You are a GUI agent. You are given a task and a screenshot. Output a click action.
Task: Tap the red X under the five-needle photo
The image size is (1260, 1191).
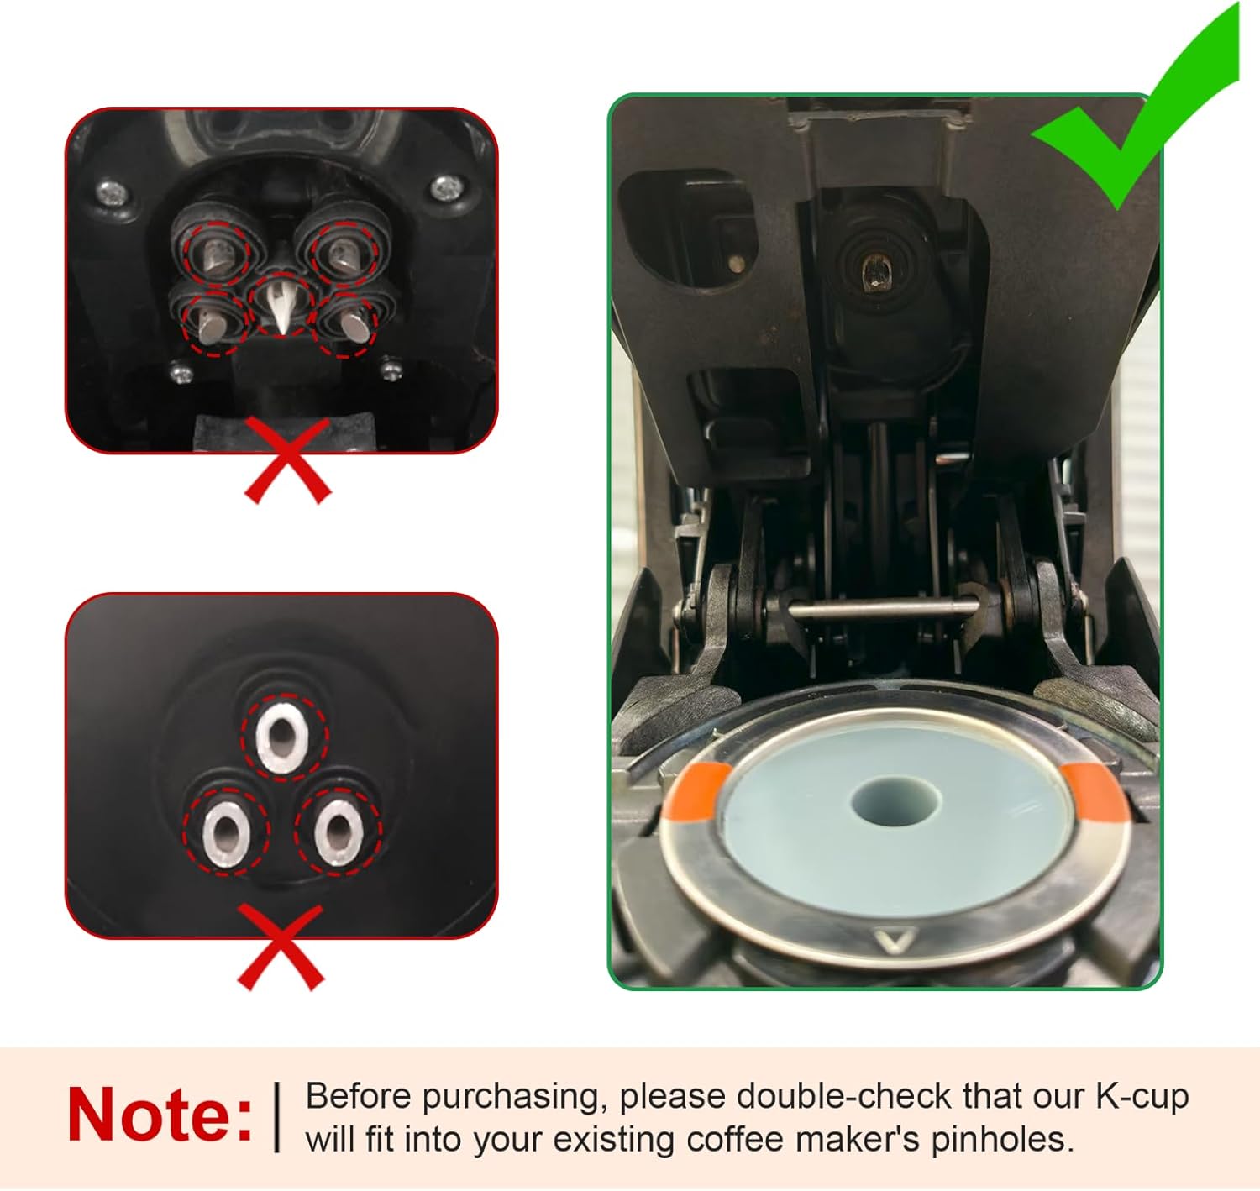click(x=287, y=461)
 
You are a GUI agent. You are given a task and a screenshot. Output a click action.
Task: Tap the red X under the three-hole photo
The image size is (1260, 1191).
click(x=281, y=947)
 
